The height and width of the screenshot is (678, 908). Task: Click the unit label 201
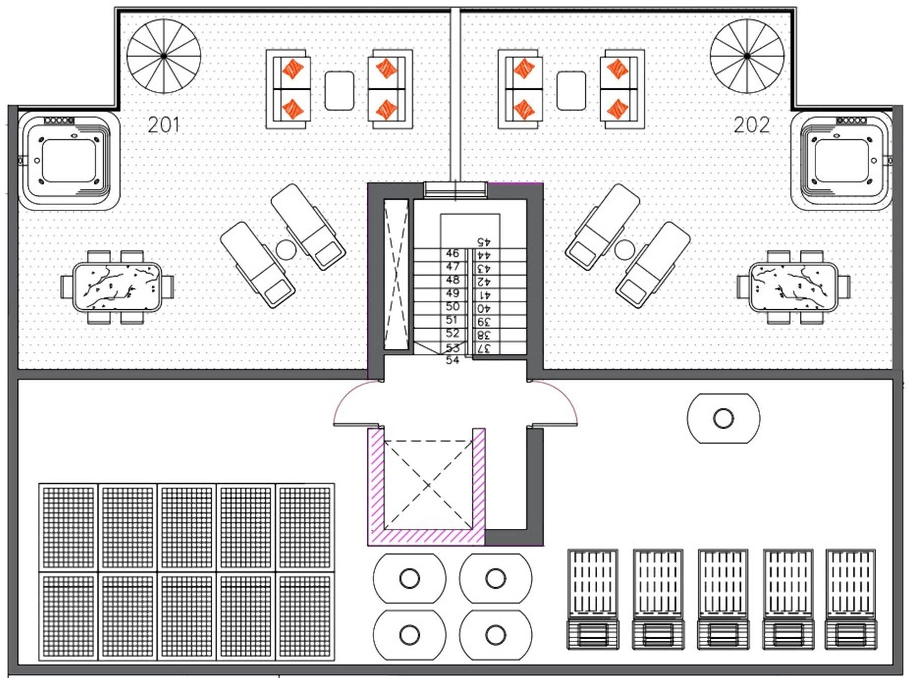pos(163,125)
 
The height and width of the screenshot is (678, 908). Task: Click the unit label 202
pos(751,125)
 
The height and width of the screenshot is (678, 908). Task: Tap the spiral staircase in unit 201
pos(164,56)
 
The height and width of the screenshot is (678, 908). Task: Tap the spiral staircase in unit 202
pos(747,56)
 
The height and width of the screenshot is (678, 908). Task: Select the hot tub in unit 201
pos(69,161)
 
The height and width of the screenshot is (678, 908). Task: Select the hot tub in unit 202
pos(841,161)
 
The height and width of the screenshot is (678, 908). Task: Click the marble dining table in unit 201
pos(117,287)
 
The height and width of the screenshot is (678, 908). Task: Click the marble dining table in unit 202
pos(793,287)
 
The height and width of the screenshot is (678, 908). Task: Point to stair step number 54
pos(452,360)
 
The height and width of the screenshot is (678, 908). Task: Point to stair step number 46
pos(452,253)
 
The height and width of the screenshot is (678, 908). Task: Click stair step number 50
pos(452,306)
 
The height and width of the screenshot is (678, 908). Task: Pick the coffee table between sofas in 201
pos(339,90)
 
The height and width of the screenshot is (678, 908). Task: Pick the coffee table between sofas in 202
pos(571,90)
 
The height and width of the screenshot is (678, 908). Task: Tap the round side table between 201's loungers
pos(286,250)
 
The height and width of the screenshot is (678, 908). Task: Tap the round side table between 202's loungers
pos(625,250)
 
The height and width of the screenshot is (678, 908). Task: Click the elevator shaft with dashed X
pos(428,485)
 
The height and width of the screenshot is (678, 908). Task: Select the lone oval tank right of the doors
pos(723,418)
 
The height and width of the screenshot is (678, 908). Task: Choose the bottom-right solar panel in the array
pos(305,616)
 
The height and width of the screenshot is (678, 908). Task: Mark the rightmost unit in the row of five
pos(850,599)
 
